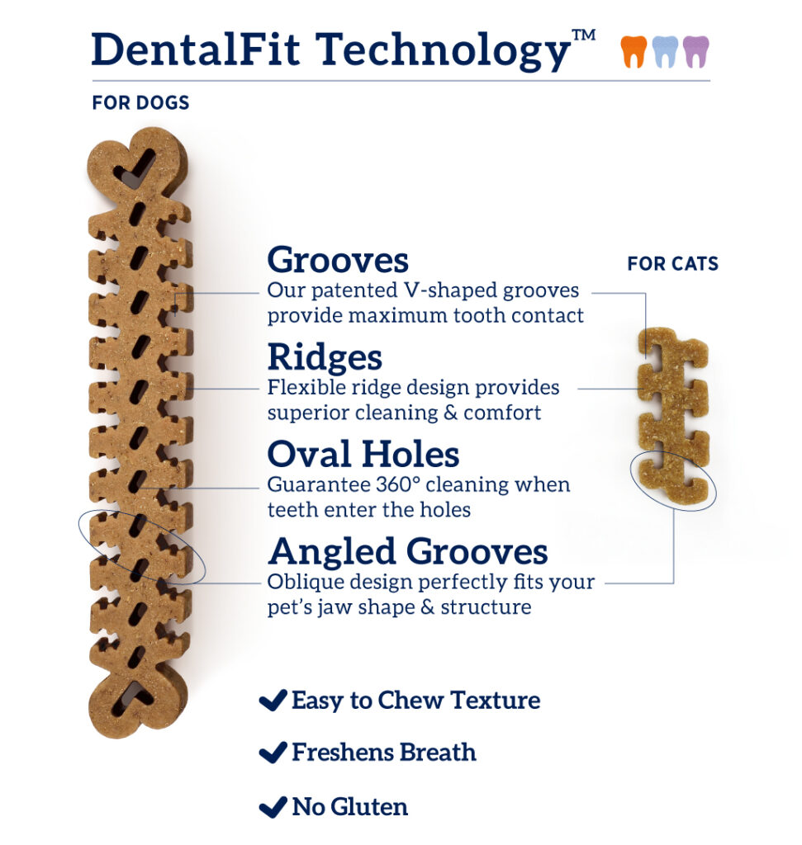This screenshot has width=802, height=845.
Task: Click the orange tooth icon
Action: click(x=634, y=52)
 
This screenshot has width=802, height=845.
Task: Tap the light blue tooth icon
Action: click(x=664, y=52)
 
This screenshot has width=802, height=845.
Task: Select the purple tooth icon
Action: click(x=695, y=52)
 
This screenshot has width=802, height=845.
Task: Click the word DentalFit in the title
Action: click(x=196, y=50)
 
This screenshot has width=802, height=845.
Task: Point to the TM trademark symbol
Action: click(x=584, y=35)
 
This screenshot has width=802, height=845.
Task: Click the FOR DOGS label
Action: click(x=140, y=102)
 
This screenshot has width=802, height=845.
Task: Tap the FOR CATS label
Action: click(x=672, y=263)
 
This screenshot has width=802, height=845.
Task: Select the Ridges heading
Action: click(x=325, y=357)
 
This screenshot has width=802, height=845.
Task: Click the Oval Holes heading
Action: click(x=363, y=454)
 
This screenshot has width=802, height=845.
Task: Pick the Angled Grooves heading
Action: click(x=408, y=551)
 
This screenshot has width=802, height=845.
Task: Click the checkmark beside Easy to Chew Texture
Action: click(x=273, y=700)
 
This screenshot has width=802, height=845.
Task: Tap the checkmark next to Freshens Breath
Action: click(x=273, y=753)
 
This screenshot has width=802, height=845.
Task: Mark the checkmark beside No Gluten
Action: click(x=273, y=807)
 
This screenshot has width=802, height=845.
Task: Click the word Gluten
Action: click(x=369, y=807)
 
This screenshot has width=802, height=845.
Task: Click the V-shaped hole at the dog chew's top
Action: click(x=135, y=168)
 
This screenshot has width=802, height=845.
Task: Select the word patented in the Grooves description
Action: click(x=354, y=291)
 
